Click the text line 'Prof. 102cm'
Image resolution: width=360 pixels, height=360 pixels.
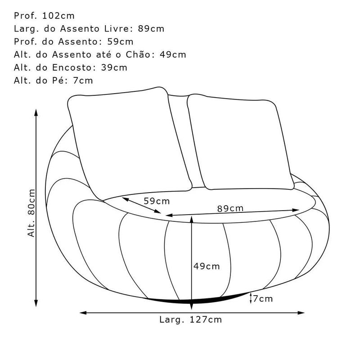tap(44, 16)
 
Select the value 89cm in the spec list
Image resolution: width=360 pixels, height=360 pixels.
tap(151, 29)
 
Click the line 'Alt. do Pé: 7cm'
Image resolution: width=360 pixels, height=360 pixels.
tap(53, 81)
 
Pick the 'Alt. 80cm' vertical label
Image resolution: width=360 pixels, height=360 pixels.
tap(31, 213)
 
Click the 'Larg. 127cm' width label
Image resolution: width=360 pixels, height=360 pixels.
tap(190, 319)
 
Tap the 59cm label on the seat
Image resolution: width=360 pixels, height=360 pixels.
tap(157, 201)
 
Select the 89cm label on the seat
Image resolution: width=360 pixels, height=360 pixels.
tap(230, 208)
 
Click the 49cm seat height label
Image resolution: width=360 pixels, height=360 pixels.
tap(207, 266)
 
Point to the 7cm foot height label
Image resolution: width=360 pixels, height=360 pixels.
tap(263, 299)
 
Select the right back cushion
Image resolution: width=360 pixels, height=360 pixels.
tap(241, 142)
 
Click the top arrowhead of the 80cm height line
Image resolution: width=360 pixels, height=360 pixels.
tap(36, 112)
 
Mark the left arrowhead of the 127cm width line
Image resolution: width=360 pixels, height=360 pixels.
tap(83, 313)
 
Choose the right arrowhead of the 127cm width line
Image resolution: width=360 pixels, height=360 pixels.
tap(301, 313)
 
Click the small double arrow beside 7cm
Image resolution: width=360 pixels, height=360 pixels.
tap(251, 298)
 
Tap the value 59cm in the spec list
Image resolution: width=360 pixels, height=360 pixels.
tap(120, 41)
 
